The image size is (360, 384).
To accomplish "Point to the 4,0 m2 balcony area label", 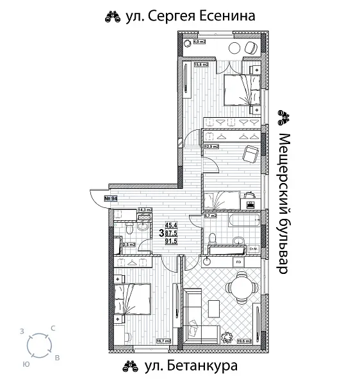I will coord(199,42).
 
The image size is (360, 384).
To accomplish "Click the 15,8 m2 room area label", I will coord(201,64).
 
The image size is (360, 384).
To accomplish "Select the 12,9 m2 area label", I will coord(211,147).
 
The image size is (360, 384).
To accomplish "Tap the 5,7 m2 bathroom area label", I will coord(211,216).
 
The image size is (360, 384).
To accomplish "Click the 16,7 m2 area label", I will coord(164,341).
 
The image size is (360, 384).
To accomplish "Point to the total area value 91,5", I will coord(171,241).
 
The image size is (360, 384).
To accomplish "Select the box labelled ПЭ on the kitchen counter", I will coord(237,261).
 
